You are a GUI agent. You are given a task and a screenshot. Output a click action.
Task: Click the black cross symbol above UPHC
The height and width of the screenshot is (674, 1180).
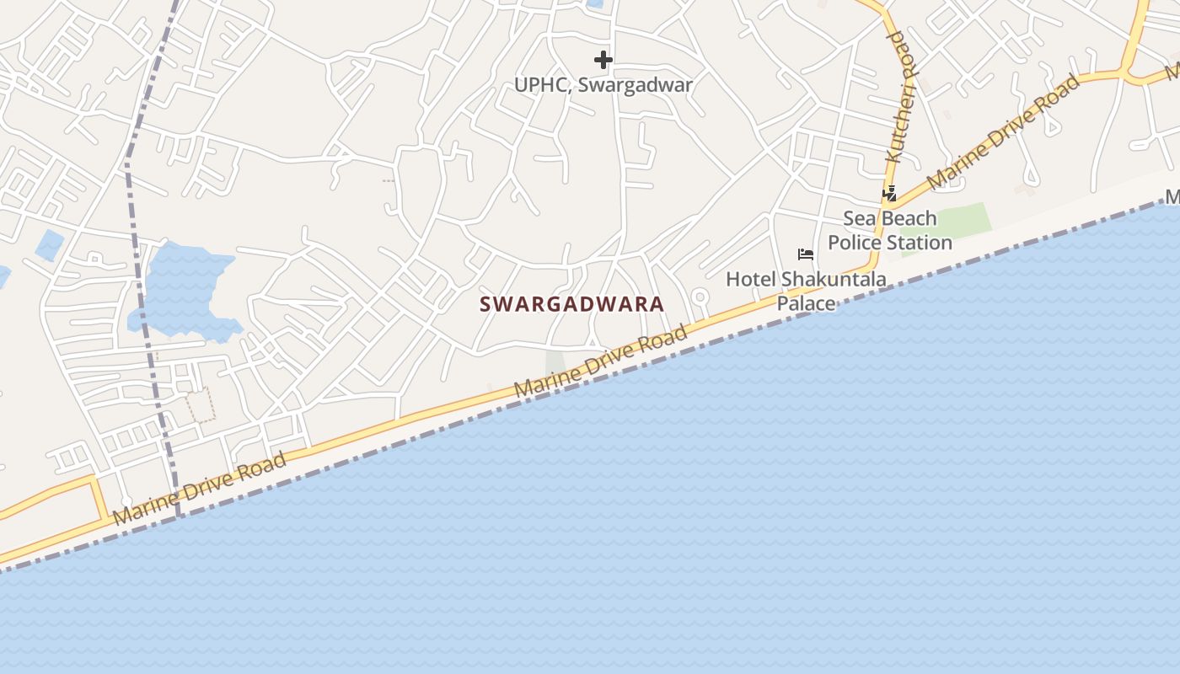[603, 60]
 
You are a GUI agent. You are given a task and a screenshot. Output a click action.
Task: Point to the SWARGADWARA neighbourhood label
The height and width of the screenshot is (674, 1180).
[572, 304]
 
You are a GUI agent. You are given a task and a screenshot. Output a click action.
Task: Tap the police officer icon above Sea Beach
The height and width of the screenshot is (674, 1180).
[889, 194]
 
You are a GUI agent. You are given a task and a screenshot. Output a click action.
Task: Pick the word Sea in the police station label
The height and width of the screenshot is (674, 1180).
[860, 219]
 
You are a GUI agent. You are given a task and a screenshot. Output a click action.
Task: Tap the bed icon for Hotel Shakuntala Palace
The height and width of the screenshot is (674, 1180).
[806, 254]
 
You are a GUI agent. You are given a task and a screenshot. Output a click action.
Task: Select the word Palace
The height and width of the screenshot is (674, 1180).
[806, 303]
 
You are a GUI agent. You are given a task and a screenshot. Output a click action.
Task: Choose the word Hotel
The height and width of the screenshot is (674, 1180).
[751, 279]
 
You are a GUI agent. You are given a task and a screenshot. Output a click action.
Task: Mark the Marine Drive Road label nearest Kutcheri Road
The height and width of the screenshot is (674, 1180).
[1003, 131]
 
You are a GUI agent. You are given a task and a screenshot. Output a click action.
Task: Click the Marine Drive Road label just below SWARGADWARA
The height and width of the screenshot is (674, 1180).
[600, 363]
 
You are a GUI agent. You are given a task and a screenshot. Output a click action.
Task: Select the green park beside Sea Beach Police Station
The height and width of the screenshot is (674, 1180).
[957, 221]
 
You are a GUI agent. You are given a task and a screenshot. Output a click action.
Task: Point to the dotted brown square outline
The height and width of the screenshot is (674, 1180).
[201, 405]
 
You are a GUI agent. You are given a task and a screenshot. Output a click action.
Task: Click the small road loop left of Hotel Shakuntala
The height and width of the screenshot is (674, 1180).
[699, 297]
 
